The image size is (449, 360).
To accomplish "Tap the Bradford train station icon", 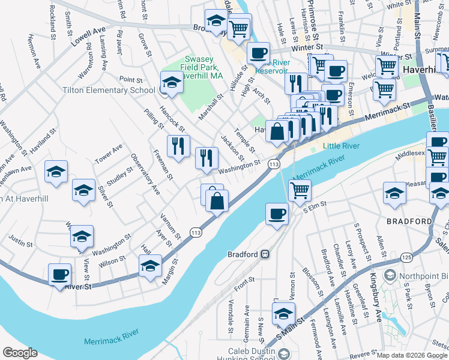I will (264, 254).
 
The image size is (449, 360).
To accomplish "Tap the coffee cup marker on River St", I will (59, 275).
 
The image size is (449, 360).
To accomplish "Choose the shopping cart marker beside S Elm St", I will (300, 190).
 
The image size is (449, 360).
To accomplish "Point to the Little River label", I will (342, 146).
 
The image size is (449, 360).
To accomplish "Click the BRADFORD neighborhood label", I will (409, 221).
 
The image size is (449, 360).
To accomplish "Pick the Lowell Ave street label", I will (87, 36).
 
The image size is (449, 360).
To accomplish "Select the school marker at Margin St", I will (150, 266).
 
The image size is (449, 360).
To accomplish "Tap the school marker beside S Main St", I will (283, 314).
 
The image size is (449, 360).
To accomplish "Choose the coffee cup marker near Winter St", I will (259, 53).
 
